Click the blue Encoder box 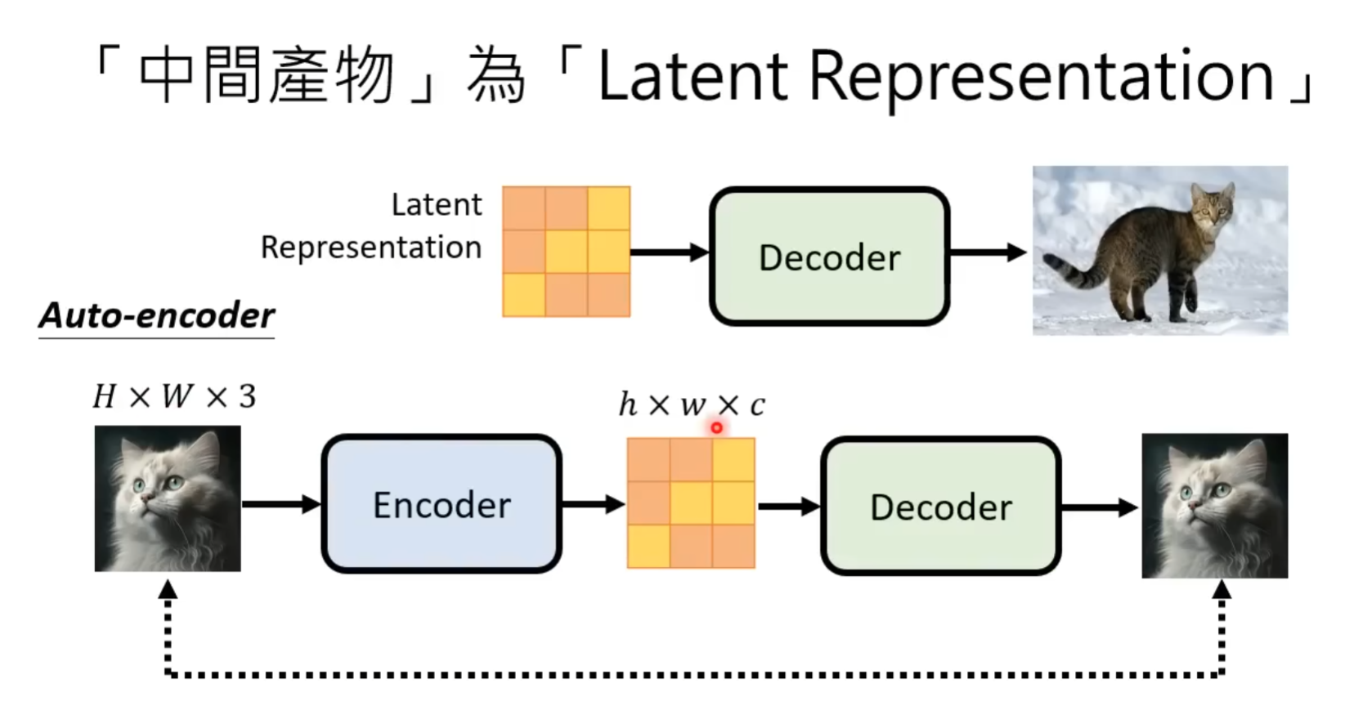(442, 504)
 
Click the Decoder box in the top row (829, 257)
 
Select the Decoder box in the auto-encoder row (940, 507)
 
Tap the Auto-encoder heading (157, 315)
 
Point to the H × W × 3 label (174, 396)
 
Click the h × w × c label (692, 404)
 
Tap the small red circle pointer (717, 427)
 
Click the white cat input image (168, 498)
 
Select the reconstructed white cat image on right (1214, 506)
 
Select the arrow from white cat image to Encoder (281, 504)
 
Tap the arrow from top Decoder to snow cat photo (987, 252)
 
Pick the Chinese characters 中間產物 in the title (267, 76)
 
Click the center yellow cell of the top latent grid (566, 251)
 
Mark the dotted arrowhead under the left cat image (168, 590)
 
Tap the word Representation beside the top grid (370, 248)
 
